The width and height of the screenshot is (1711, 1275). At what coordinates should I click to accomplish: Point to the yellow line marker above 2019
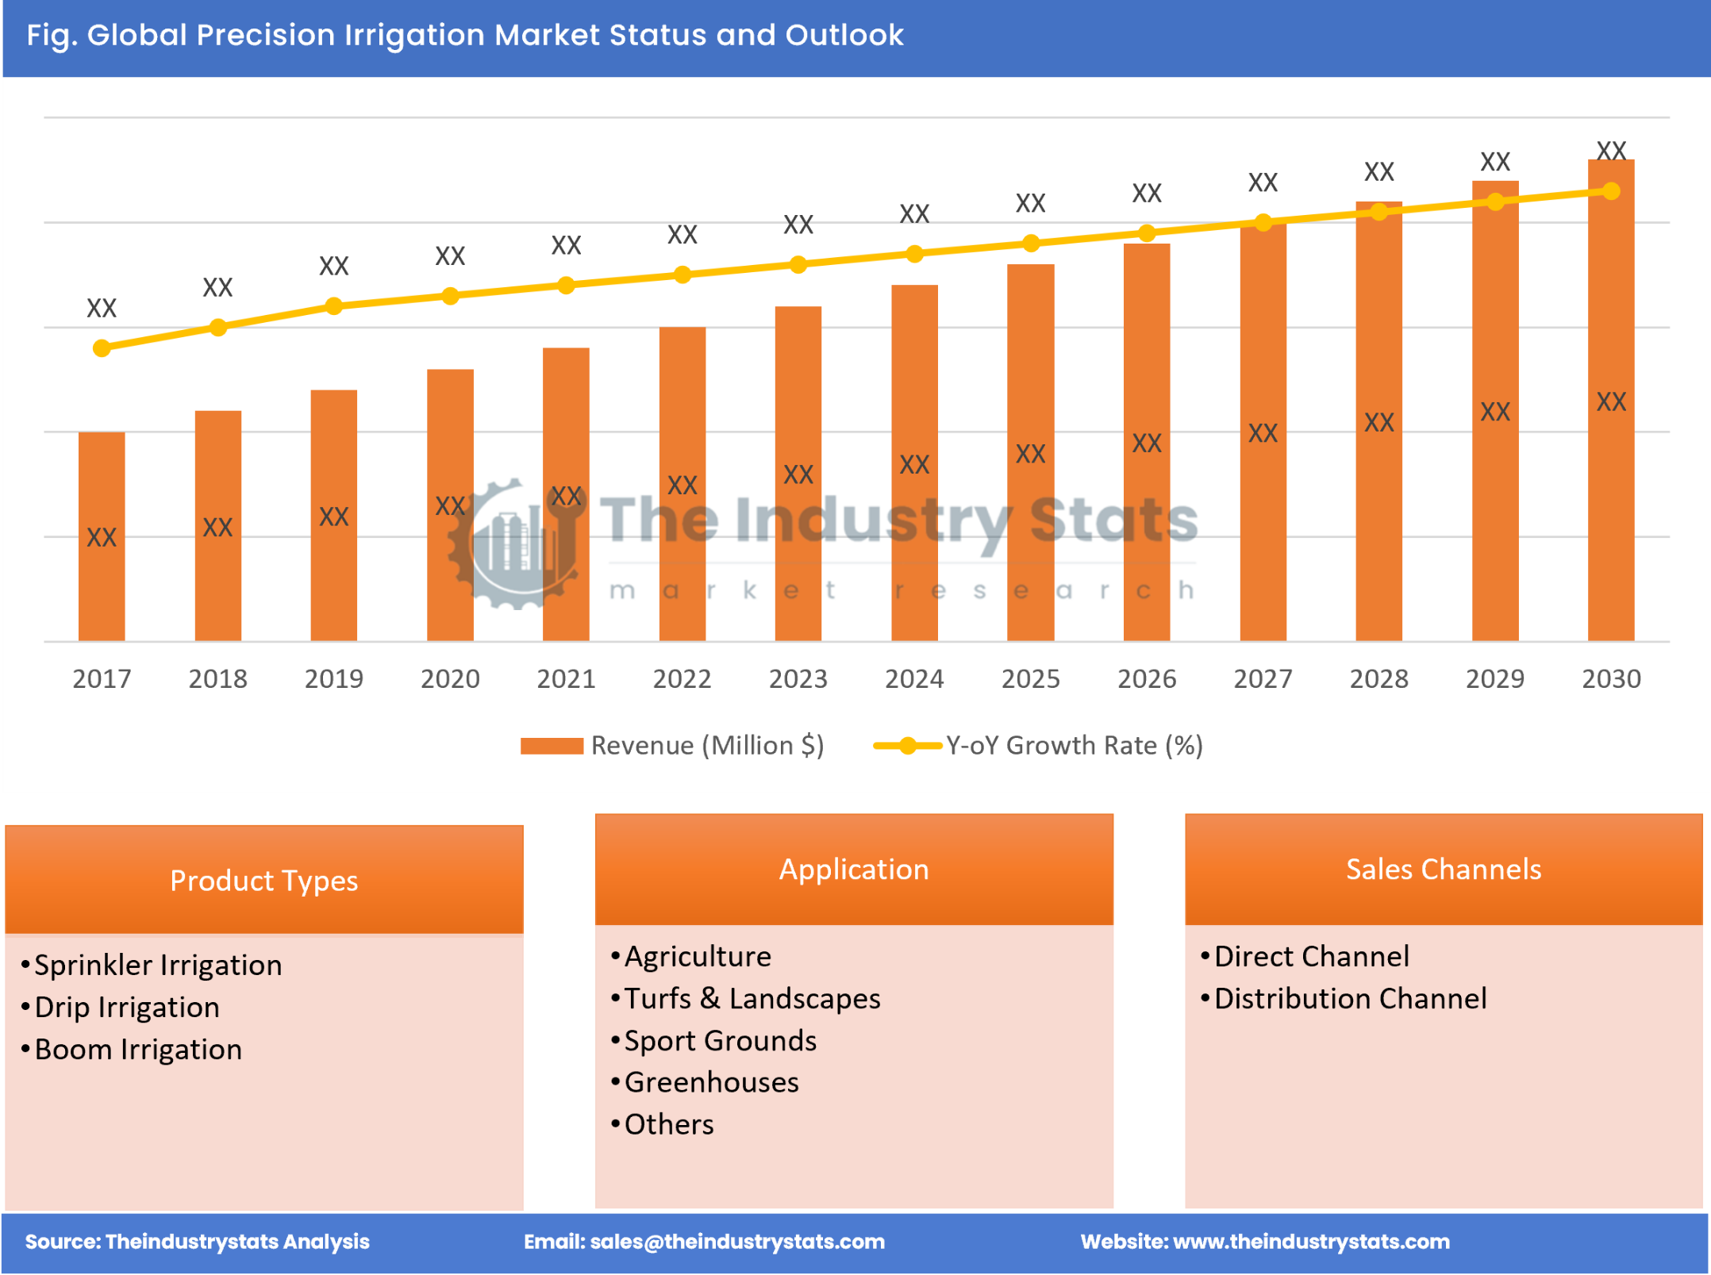point(334,306)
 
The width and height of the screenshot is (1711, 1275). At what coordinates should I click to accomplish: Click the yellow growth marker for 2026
point(1146,233)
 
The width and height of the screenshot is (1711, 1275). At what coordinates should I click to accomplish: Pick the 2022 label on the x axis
point(682,679)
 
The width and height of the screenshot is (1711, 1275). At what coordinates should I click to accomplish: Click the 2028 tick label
point(1378,679)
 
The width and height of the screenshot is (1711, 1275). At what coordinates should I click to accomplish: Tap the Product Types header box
point(263,881)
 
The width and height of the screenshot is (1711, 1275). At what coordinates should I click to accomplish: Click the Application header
point(853,870)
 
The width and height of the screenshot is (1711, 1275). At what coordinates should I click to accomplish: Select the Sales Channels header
point(1443,870)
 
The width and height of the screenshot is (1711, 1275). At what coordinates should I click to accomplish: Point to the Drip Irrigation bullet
point(127,1008)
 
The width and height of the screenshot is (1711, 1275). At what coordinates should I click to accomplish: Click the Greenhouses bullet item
point(711,1083)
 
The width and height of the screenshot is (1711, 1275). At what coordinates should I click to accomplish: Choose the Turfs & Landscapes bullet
point(752,999)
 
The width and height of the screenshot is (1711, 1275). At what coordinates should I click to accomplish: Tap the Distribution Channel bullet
point(1350,999)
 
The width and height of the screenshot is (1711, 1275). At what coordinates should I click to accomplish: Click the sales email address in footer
point(704,1242)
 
